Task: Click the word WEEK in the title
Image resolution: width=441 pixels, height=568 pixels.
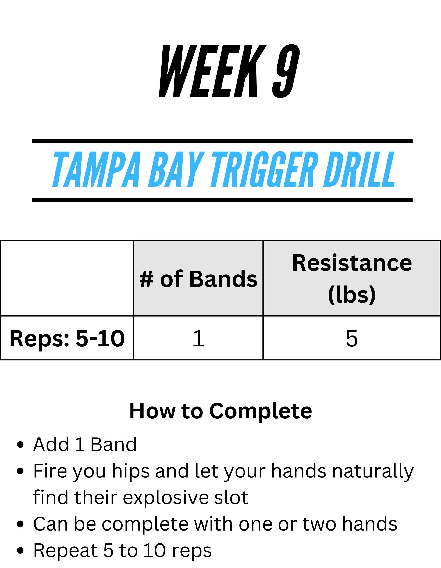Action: tap(213, 71)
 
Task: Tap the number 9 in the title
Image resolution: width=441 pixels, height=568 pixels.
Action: tap(286, 71)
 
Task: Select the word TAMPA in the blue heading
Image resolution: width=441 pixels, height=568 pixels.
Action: tap(96, 169)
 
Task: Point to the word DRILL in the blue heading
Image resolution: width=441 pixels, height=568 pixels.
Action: tap(359, 169)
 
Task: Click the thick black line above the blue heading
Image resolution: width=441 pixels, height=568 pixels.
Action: tap(222, 141)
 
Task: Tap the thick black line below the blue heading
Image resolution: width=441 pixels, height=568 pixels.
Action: tap(222, 200)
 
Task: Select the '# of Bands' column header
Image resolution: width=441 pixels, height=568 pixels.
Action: tap(198, 279)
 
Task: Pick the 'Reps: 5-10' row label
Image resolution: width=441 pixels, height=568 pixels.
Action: tap(67, 339)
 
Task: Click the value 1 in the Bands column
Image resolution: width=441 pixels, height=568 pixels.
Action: tap(198, 338)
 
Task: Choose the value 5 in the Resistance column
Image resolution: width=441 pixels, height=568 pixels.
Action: tap(352, 338)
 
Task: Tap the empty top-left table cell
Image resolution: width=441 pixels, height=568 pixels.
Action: tap(67, 278)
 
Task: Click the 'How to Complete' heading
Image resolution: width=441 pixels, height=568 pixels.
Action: tap(221, 411)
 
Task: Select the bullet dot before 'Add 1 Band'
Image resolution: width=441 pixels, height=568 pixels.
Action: tap(20, 445)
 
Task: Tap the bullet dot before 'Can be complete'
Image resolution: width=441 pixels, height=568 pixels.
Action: tap(20, 524)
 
